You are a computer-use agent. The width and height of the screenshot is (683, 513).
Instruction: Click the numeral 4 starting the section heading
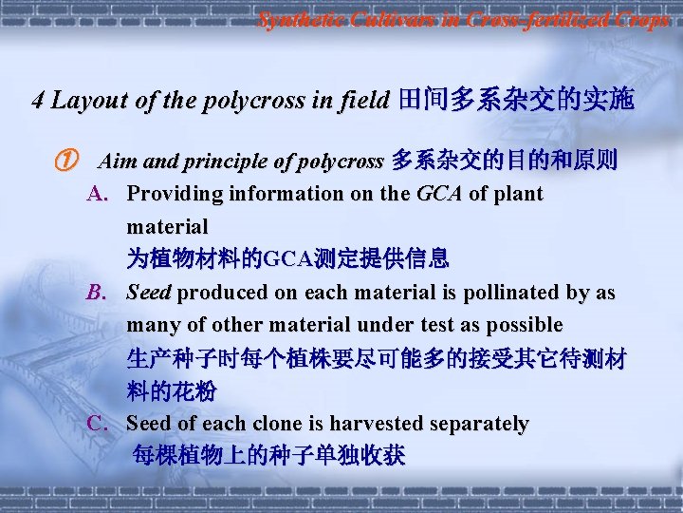(38, 100)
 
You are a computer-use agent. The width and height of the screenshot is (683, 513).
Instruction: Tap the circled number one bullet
(64, 161)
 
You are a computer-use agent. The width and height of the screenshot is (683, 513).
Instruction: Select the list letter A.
(97, 195)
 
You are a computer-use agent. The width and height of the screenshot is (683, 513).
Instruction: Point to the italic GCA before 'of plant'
(438, 195)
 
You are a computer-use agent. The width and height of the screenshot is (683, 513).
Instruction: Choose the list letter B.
(97, 293)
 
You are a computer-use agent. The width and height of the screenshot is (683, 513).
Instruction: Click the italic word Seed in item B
(149, 293)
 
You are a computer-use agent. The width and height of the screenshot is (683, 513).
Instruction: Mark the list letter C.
(97, 424)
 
